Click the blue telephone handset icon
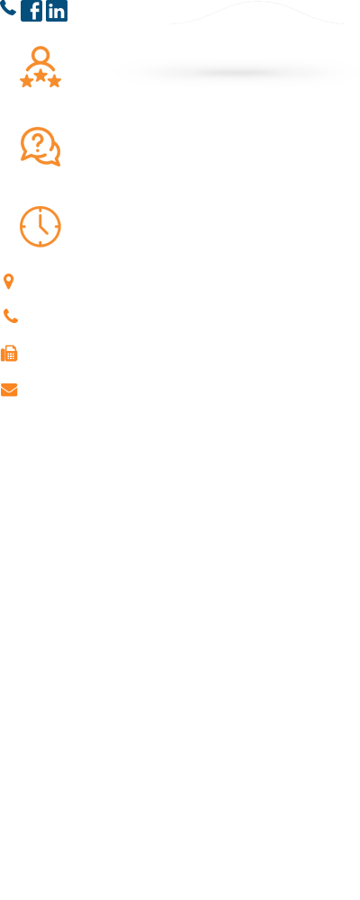7,7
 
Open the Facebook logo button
31,11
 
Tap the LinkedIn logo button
57,11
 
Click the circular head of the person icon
40,55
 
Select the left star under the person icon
26,81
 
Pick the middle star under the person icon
40,75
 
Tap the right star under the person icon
55,81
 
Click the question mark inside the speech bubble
37,142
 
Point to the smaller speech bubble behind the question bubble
54,155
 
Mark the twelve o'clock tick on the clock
40,210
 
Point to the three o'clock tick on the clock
57,227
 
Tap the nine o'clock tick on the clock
24,227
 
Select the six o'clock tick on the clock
40,243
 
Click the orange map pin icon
9,282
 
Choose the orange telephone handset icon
11,316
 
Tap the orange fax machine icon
9,354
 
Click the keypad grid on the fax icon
12,355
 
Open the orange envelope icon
9,390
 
